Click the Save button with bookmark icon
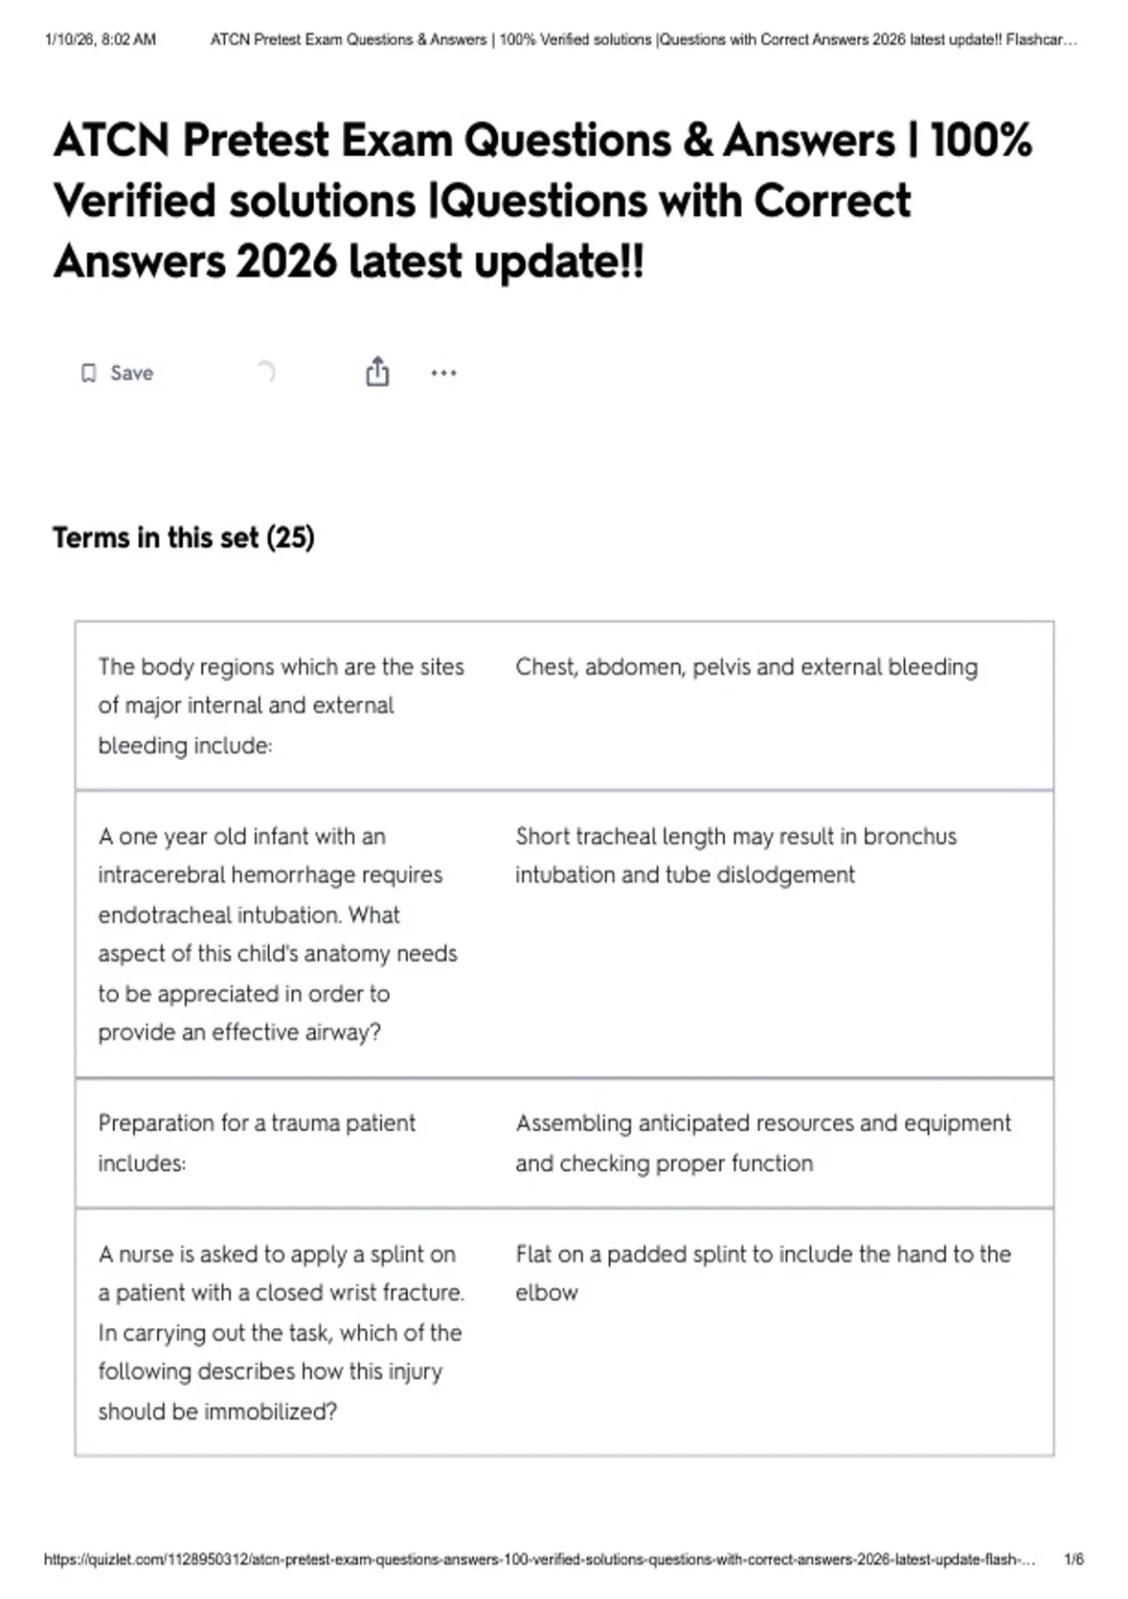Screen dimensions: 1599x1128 coord(117,373)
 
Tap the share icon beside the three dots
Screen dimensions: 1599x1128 coord(377,372)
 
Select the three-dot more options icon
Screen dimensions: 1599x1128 coord(444,373)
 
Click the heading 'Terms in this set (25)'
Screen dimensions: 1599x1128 coord(183,538)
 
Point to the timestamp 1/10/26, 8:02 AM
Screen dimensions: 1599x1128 coord(101,40)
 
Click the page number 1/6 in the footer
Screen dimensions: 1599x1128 coord(1073,1559)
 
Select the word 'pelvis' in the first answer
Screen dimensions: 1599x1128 coord(721,667)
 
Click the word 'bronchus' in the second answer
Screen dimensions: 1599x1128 coord(909,836)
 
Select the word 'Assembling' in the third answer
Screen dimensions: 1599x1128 coord(573,1123)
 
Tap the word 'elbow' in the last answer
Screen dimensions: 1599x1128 coord(546,1293)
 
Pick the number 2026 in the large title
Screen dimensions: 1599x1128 coord(286,261)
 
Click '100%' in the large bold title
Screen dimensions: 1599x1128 coord(980,140)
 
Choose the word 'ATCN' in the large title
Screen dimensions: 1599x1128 coord(112,140)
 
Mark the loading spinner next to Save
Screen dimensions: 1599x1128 coord(266,372)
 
